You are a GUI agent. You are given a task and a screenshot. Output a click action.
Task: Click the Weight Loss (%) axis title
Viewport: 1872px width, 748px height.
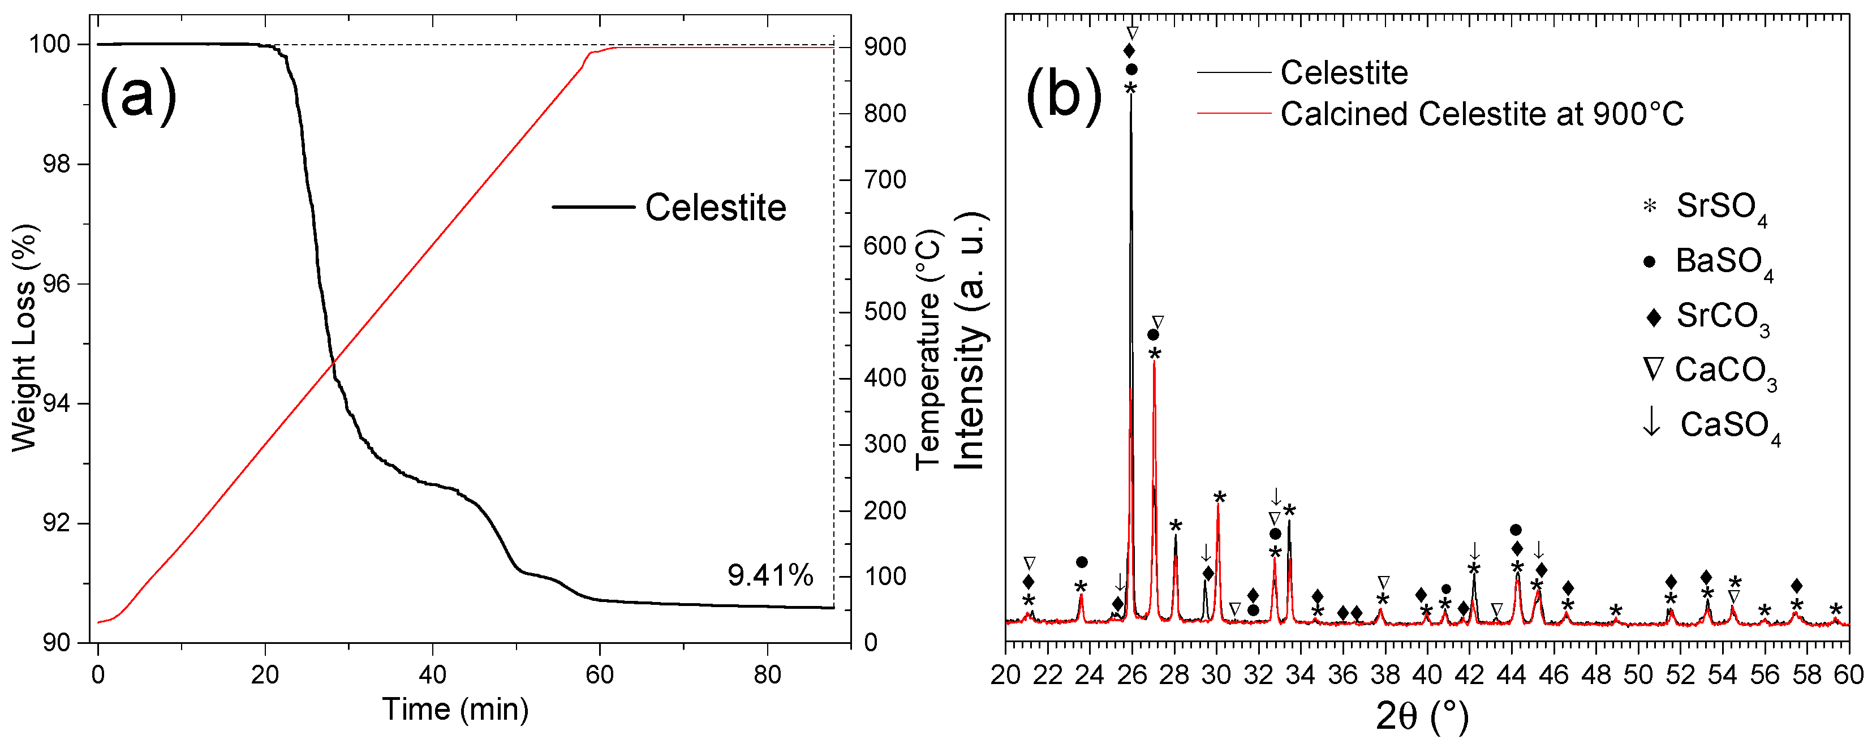click(x=24, y=337)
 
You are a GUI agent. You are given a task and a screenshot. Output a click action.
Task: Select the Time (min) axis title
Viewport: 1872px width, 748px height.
click(x=455, y=709)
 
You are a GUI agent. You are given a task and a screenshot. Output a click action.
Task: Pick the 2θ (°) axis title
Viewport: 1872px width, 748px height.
click(x=1422, y=717)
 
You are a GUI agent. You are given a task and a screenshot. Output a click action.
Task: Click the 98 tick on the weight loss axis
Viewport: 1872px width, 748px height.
click(x=56, y=164)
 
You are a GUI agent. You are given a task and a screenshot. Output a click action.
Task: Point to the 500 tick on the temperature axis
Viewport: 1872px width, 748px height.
click(x=884, y=312)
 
